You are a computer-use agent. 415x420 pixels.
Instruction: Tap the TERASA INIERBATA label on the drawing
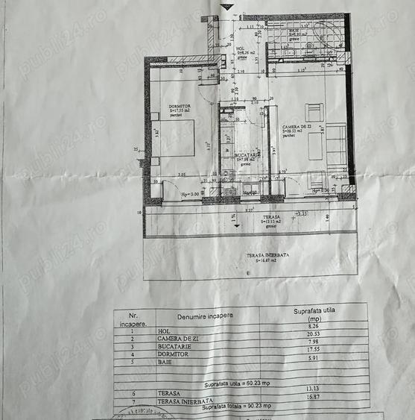pos(265,254)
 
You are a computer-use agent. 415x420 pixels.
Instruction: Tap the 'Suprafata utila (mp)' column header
pos(316,313)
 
